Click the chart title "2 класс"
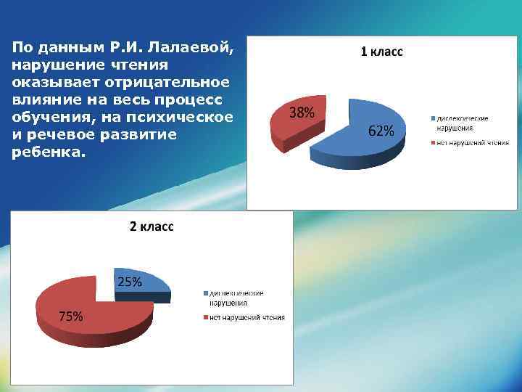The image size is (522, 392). tap(152, 226)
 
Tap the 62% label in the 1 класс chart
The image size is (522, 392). tap(381, 131)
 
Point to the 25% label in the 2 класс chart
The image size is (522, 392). tap(129, 282)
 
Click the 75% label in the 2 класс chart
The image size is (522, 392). tap(70, 316)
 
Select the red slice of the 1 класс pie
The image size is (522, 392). tap(290, 127)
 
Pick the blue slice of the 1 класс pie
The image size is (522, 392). tap(362, 145)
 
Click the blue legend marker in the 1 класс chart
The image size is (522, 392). tap(433, 118)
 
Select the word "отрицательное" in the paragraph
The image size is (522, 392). tap(169, 83)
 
